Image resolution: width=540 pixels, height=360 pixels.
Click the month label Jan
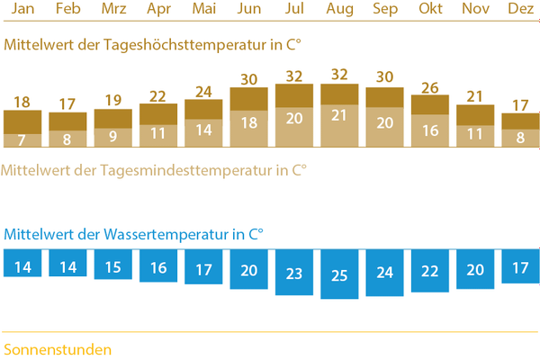(22, 10)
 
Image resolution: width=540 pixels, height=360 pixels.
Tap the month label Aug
(338, 10)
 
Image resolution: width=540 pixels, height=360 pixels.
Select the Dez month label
(520, 10)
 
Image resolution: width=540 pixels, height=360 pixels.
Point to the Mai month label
(202, 10)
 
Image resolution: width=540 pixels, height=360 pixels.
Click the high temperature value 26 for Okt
(429, 87)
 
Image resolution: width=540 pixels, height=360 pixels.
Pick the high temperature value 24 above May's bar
(202, 92)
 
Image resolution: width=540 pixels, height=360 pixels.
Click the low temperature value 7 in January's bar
(22, 139)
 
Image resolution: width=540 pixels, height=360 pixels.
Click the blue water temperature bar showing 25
(338, 274)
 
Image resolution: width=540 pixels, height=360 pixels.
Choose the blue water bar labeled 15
(112, 267)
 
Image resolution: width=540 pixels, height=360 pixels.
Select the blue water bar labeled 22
(429, 271)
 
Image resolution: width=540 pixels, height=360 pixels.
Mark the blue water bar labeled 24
(384, 272)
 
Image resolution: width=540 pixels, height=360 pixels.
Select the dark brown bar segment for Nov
(474, 114)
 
